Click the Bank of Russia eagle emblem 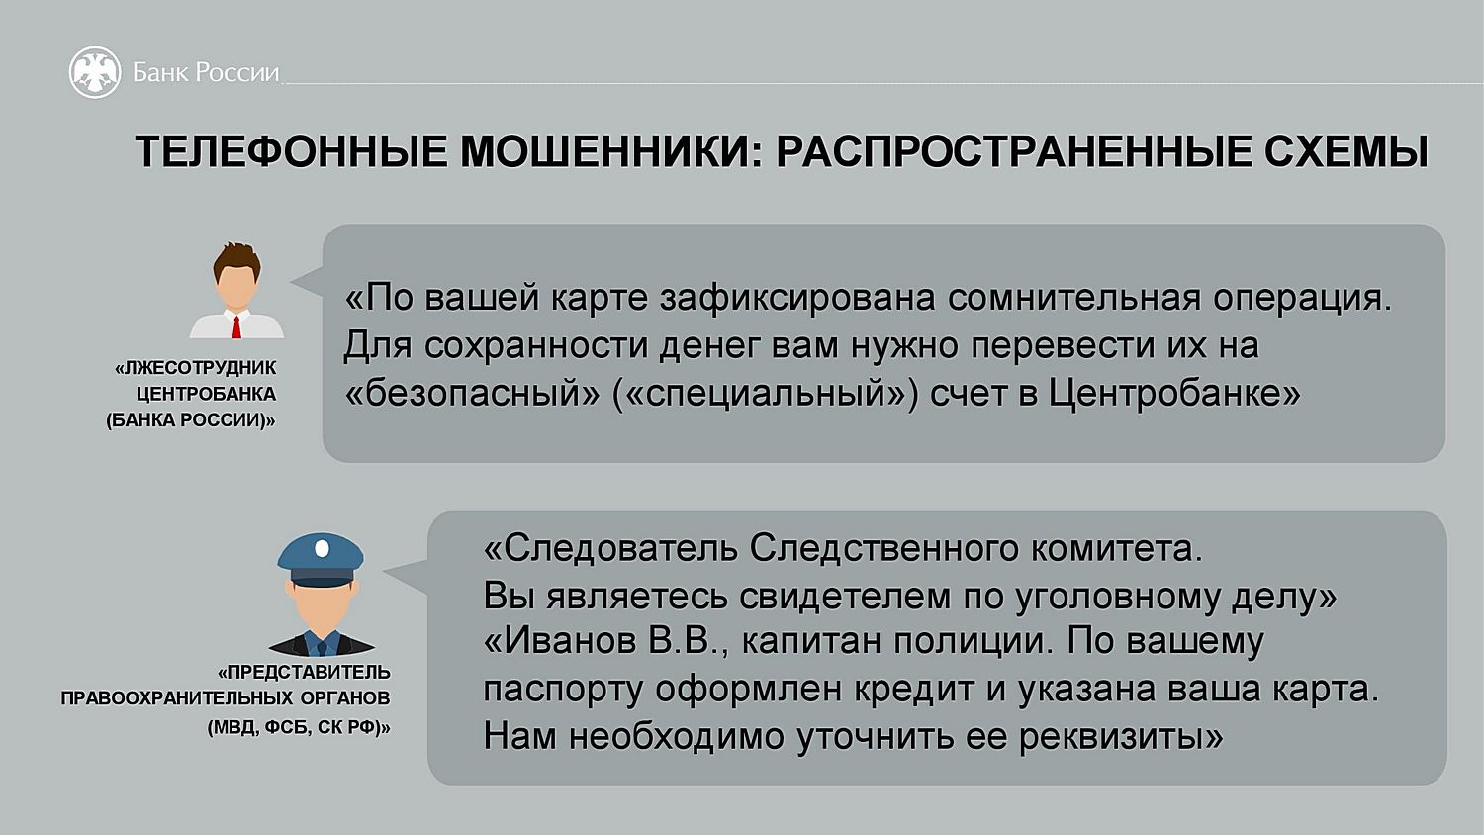coord(95,72)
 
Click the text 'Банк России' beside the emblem coord(206,72)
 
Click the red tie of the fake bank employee coord(236,327)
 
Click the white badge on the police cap coord(322,548)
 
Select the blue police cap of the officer coord(321,560)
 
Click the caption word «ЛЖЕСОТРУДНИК coord(196,368)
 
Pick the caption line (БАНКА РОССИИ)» coord(191,420)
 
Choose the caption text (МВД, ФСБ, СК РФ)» coord(299,727)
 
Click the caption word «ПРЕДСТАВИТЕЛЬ coord(304,673)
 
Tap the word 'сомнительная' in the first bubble coord(1073,298)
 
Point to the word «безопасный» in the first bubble coord(472,394)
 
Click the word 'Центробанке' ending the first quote coord(1174,394)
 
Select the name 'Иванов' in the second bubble coord(560,641)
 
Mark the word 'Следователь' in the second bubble coord(610,549)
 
